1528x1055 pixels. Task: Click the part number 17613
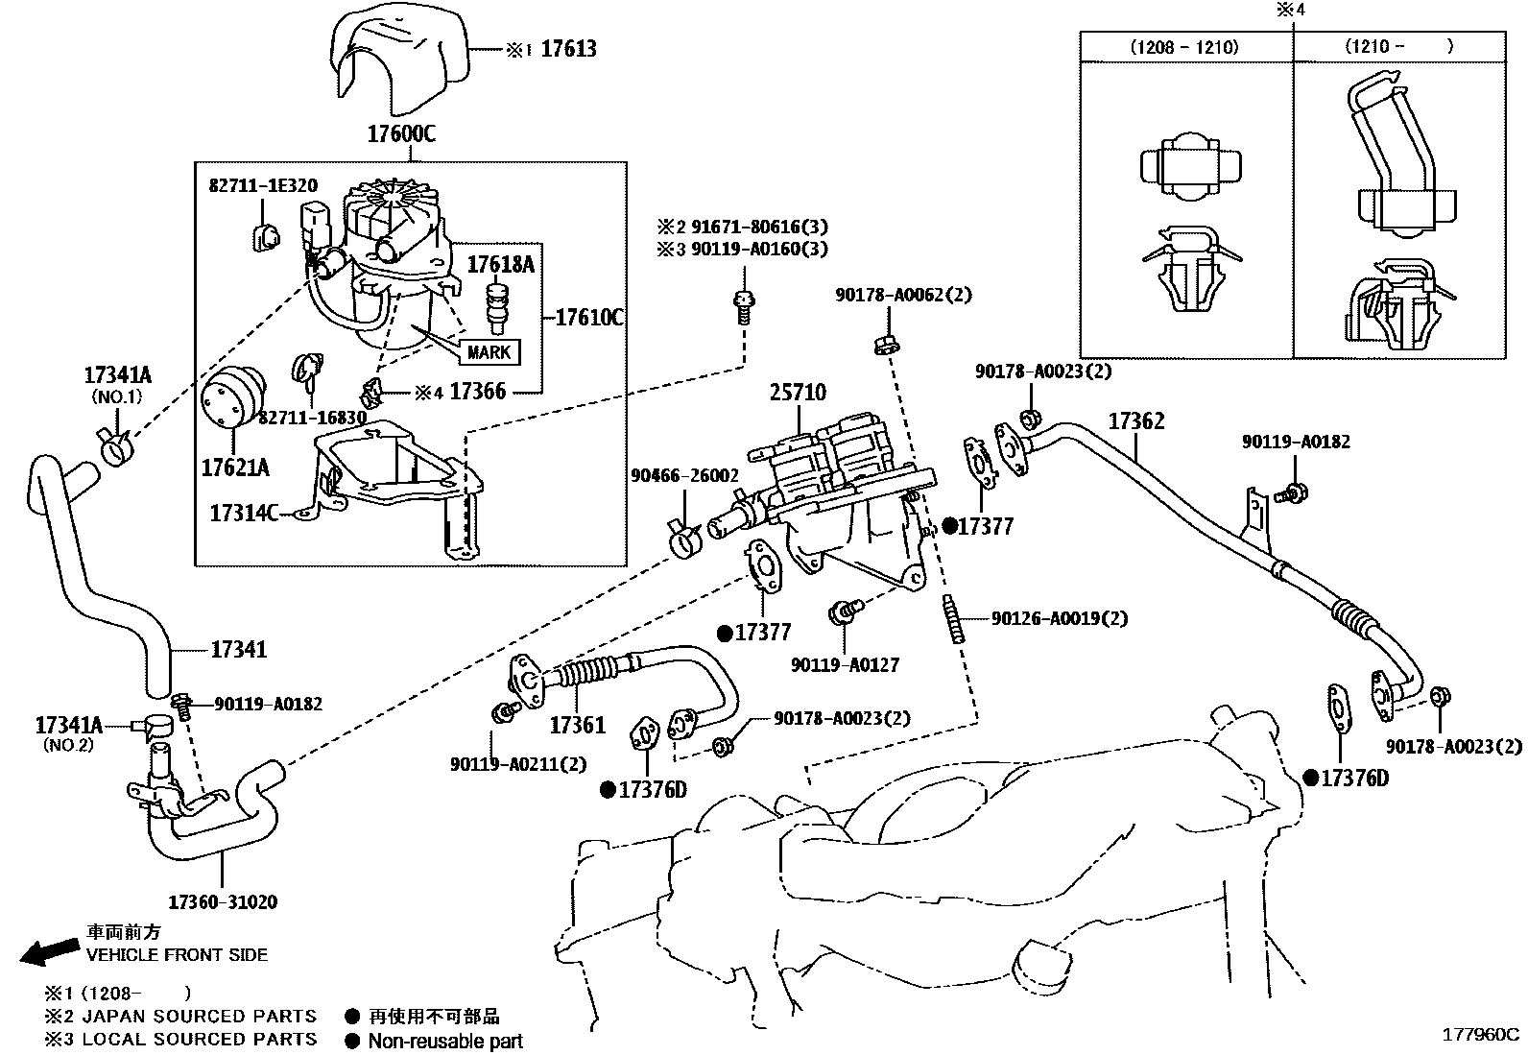[x=568, y=49]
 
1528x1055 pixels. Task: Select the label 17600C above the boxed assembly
[x=401, y=133]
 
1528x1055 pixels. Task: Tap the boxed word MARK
[x=489, y=352]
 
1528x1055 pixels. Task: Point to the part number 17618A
[x=501, y=265]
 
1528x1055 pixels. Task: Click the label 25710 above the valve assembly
[x=799, y=393]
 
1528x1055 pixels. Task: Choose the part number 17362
[x=1136, y=421]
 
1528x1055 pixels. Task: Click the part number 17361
[x=578, y=726]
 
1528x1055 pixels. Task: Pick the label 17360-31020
[x=223, y=902]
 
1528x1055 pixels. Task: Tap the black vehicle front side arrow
[x=49, y=951]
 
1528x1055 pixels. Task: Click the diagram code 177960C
[x=1480, y=1035]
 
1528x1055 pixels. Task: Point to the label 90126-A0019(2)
[x=1060, y=618]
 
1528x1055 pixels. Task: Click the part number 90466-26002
[x=684, y=475]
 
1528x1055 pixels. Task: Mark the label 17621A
[x=235, y=468]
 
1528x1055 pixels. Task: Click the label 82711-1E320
[x=263, y=185]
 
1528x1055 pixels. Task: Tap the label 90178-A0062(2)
[x=904, y=295]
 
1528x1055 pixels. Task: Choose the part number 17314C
[x=244, y=514]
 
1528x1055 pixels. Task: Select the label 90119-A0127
[x=846, y=664]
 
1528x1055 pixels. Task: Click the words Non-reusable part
[x=445, y=1041]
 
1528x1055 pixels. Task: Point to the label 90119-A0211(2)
[x=518, y=764]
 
